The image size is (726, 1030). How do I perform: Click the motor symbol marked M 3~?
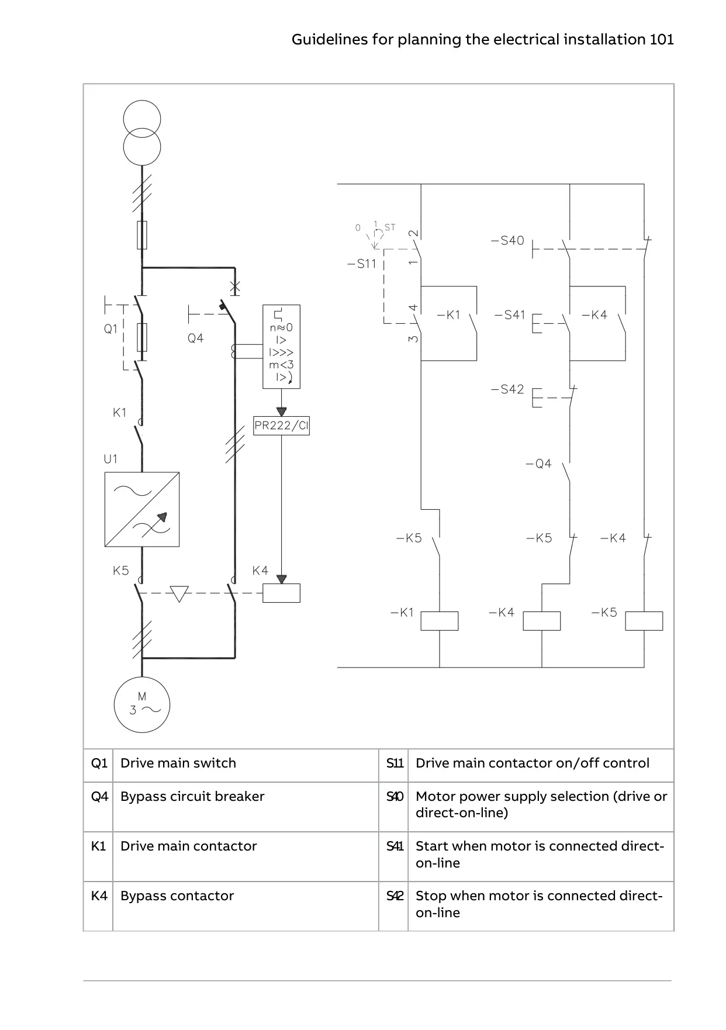tap(142, 704)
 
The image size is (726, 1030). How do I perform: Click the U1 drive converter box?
tap(142, 509)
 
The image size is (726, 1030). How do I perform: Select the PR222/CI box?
tap(281, 426)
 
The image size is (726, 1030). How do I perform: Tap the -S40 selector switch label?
tap(507, 240)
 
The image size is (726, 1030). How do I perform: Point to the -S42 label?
tap(507, 389)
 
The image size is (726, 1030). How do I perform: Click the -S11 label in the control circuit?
tap(362, 264)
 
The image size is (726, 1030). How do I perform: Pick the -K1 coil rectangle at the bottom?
tap(440, 621)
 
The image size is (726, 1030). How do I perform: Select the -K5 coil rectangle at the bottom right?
tap(644, 621)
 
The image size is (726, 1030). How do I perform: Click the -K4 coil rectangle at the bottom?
tap(542, 621)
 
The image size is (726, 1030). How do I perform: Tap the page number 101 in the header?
tap(662, 39)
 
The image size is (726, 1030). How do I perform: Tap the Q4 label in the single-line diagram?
tap(195, 338)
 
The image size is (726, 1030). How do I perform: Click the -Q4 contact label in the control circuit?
tap(538, 464)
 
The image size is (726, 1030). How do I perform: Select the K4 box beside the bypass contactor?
tap(281, 593)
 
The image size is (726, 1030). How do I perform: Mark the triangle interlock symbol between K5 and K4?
tap(179, 594)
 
